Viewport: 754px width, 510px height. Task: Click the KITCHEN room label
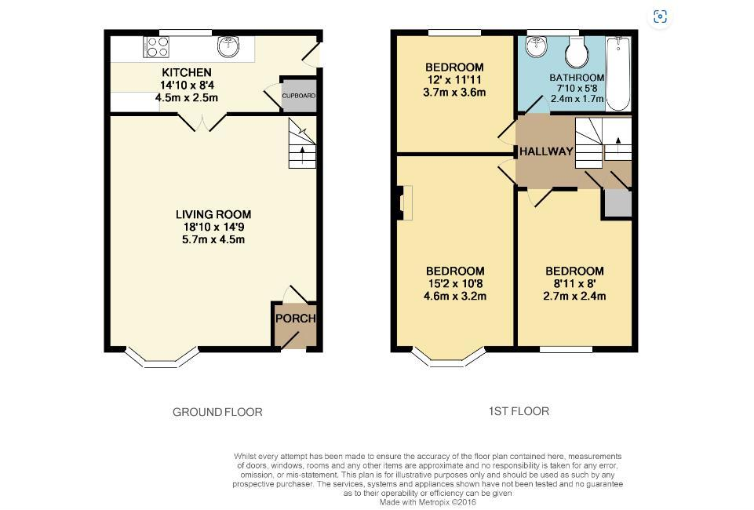(x=187, y=73)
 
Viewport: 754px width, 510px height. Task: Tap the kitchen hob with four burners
(x=156, y=47)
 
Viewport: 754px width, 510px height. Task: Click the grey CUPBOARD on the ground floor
(x=299, y=96)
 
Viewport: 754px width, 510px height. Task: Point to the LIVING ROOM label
(x=213, y=214)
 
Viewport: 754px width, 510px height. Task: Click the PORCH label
(x=296, y=319)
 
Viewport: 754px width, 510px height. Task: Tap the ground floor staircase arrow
(x=302, y=155)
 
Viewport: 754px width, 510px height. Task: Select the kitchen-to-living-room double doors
(x=202, y=122)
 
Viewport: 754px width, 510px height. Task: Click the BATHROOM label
(x=577, y=78)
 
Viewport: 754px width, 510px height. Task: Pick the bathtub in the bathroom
(x=618, y=74)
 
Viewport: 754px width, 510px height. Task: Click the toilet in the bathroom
(x=577, y=52)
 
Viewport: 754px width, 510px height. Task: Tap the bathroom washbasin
(x=535, y=46)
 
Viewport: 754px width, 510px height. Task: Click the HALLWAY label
(x=546, y=151)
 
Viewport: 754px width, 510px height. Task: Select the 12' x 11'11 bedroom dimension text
(x=454, y=80)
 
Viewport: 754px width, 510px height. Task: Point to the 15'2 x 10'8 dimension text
(x=455, y=283)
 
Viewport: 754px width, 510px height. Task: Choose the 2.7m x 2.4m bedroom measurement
(x=574, y=296)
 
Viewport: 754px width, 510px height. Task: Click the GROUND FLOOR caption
(x=217, y=412)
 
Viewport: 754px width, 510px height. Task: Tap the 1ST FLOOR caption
(x=519, y=411)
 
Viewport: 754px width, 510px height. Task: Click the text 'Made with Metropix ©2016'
(x=428, y=502)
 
